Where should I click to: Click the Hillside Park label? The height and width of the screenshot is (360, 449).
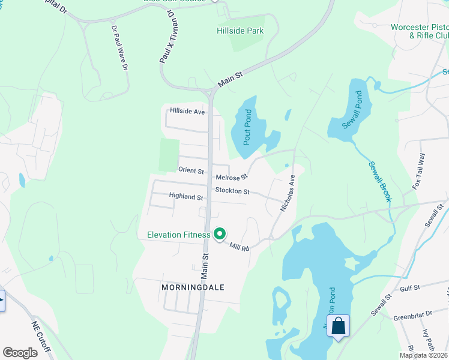pos(240,30)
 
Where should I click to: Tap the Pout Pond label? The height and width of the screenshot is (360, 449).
pos(247,127)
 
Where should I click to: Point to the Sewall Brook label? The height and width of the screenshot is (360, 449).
pos(379,180)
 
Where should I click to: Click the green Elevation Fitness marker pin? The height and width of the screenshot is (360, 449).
pos(220,234)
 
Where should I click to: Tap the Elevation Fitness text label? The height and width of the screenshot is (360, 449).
pos(179,235)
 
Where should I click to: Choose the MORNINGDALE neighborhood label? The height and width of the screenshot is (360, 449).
pos(193,287)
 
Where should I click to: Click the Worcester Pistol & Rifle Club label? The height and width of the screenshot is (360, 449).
pos(420,31)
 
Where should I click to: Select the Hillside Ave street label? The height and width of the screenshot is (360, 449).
pos(187,111)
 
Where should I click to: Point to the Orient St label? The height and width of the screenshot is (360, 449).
pos(191,170)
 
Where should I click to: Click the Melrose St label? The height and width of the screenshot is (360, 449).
pos(232,177)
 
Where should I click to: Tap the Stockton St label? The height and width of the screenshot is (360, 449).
pos(232,191)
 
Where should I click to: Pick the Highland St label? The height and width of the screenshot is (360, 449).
pos(186,196)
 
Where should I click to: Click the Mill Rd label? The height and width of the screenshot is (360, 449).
pos(239,245)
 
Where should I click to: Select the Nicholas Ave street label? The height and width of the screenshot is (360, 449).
pos(288,193)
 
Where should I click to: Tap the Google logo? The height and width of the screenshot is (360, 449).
pos(20,353)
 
